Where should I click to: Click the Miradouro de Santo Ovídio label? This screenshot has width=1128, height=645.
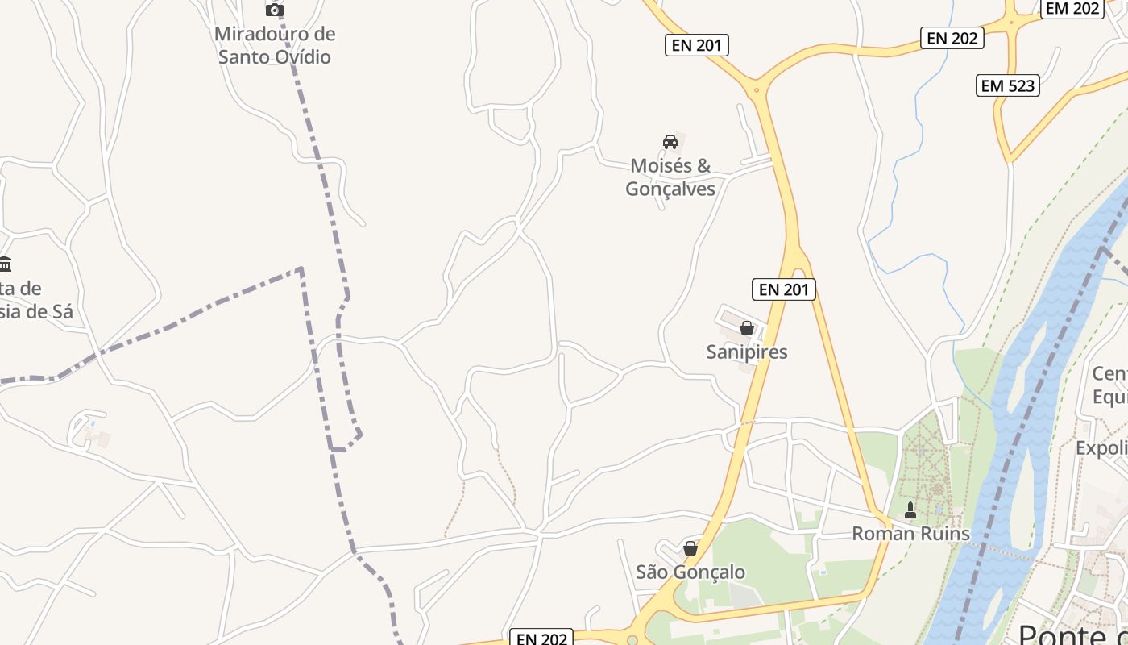click(x=275, y=45)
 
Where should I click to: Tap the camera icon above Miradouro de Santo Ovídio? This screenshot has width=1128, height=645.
click(x=275, y=10)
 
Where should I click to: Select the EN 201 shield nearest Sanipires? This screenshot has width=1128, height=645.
click(x=783, y=289)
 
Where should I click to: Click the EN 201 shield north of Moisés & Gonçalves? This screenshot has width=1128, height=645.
click(x=697, y=45)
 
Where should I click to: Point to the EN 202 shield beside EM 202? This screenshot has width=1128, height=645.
click(x=952, y=38)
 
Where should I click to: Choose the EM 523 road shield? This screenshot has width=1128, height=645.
click(x=1008, y=85)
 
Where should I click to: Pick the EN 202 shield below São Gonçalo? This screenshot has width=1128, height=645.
click(x=541, y=639)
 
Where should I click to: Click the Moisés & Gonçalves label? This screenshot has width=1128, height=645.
click(x=670, y=177)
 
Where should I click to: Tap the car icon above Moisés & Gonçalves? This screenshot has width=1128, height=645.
click(x=670, y=142)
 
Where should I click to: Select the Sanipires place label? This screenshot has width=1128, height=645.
click(x=747, y=352)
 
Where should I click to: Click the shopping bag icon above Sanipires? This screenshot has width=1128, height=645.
click(x=747, y=328)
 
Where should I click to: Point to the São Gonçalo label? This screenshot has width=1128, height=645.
click(x=690, y=572)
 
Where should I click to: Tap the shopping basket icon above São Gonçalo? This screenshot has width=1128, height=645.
click(x=690, y=548)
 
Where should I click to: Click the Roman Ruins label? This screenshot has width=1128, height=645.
click(x=910, y=534)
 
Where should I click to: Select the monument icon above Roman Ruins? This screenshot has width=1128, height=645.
click(x=910, y=510)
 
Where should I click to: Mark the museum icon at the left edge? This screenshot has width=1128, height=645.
click(x=6, y=264)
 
